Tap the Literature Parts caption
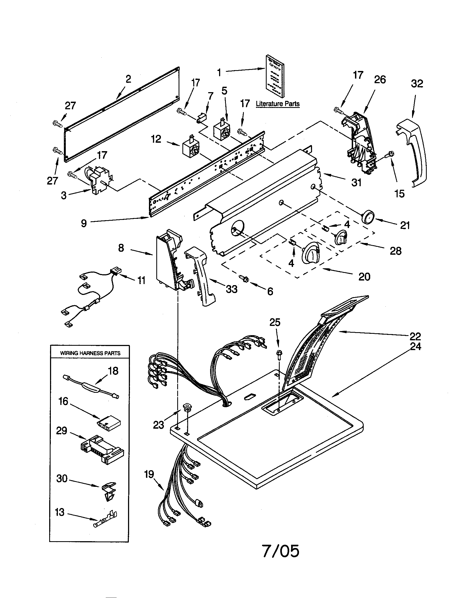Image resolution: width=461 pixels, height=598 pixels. coord(277,104)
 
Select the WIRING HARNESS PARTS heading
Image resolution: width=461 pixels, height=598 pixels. coord(90,353)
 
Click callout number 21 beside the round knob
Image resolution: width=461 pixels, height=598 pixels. coord(405,225)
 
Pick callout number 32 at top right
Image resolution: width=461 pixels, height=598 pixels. coord(417,83)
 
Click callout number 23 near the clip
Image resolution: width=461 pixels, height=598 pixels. coord(158,425)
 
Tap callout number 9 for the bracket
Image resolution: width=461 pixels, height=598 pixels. coord(84,223)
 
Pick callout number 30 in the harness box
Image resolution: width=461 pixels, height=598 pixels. coord(62,478)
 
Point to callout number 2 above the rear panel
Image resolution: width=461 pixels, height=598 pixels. coord(128,79)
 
